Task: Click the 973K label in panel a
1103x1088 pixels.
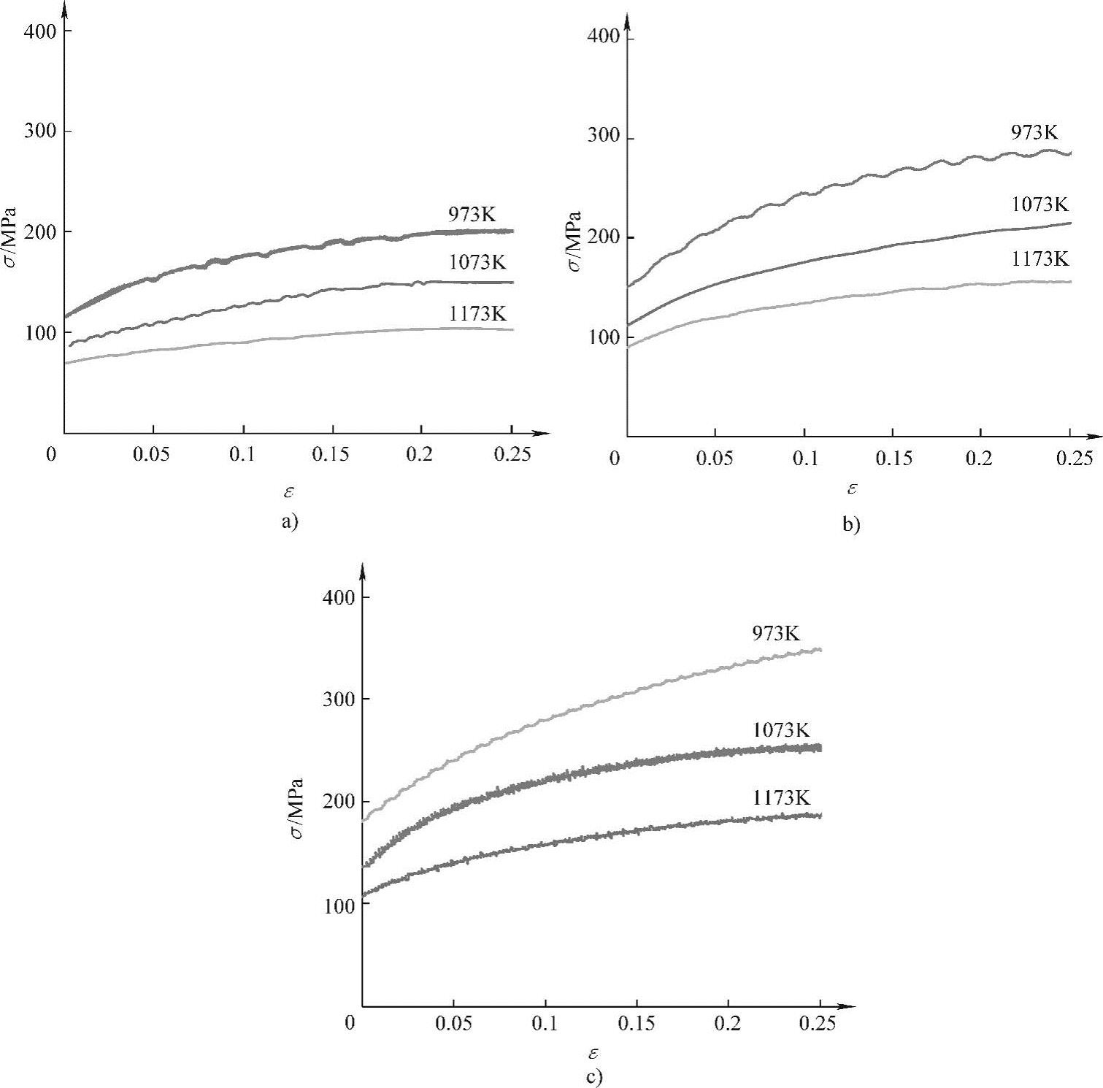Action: click(472, 215)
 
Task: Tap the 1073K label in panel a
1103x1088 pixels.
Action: click(477, 262)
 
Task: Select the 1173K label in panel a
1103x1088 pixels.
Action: click(477, 314)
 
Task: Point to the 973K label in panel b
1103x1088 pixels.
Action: click(1034, 132)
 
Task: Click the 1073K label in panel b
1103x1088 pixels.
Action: click(1039, 204)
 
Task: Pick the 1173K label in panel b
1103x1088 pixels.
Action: click(1040, 258)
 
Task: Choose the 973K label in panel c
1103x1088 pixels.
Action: click(777, 633)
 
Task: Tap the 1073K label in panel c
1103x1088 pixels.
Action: click(781, 729)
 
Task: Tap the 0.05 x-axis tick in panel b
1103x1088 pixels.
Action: click(714, 459)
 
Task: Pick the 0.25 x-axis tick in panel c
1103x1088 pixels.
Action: click(817, 1024)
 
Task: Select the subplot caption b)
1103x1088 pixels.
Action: click(851, 524)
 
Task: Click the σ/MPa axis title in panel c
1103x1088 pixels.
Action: click(296, 808)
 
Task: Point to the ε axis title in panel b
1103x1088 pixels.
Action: click(851, 488)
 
